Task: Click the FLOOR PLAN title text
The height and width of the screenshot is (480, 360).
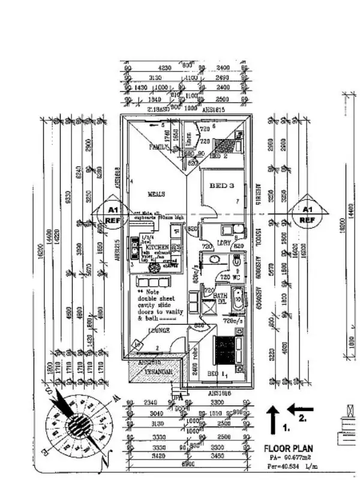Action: (x=288, y=448)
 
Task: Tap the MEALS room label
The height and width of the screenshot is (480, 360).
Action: (x=157, y=194)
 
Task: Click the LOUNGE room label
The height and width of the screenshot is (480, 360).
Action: (x=148, y=331)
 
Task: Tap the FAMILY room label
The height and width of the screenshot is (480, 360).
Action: (x=160, y=146)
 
